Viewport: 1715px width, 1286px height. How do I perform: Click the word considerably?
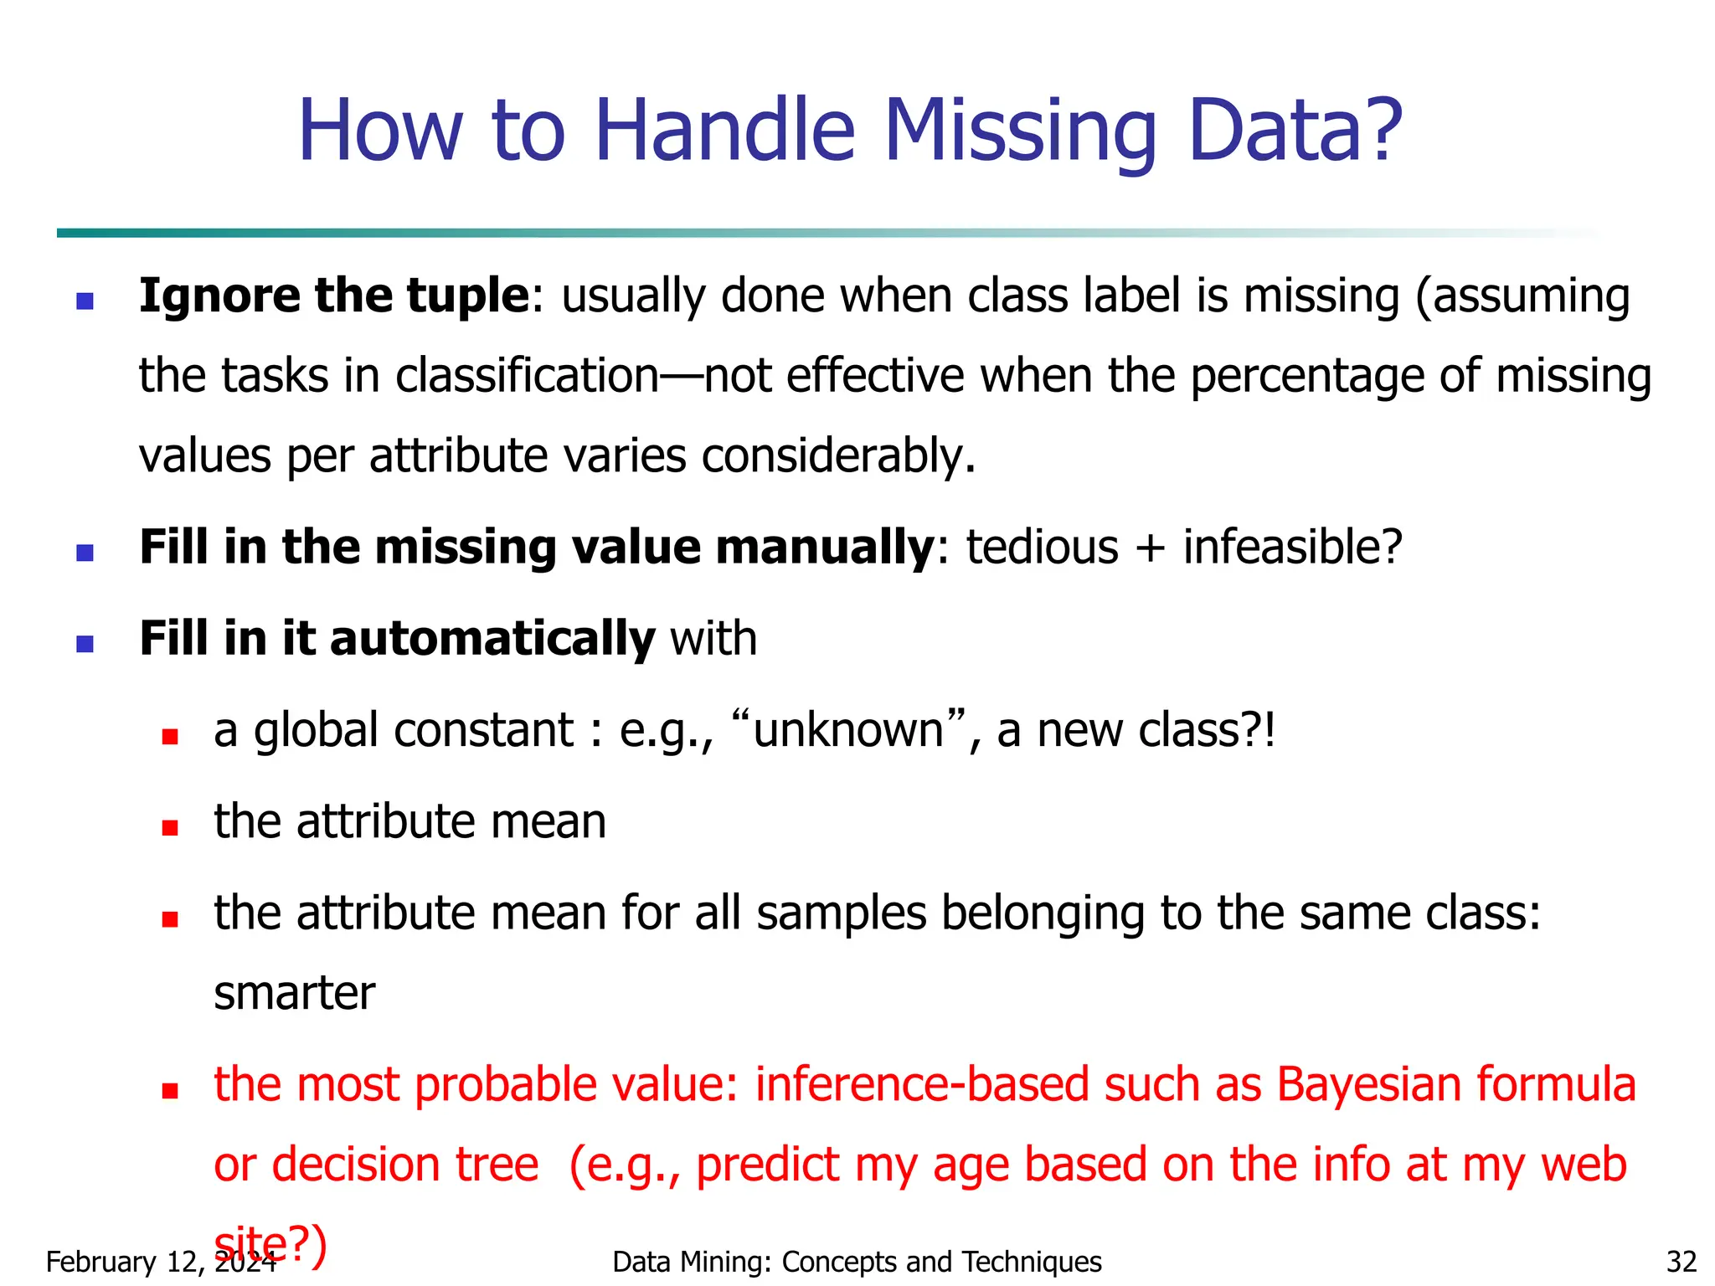pos(838,456)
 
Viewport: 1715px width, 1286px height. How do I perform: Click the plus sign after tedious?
pos(1151,549)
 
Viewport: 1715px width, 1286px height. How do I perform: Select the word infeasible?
pos(1292,548)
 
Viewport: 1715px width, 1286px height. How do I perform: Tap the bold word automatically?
pos(492,639)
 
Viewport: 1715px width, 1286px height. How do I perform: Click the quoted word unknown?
pos(848,730)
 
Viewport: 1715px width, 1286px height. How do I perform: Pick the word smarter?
pos(294,994)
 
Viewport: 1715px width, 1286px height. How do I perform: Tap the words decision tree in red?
pos(405,1165)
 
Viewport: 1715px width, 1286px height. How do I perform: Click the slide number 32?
pos(1681,1262)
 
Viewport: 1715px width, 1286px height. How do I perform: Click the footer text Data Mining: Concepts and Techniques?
pos(857,1262)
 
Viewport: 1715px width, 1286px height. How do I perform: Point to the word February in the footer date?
pos(100,1262)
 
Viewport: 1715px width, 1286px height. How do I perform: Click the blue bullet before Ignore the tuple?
pos(85,301)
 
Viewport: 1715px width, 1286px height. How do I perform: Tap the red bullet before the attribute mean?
pos(171,828)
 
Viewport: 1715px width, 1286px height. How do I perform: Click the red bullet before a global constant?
pos(171,737)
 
